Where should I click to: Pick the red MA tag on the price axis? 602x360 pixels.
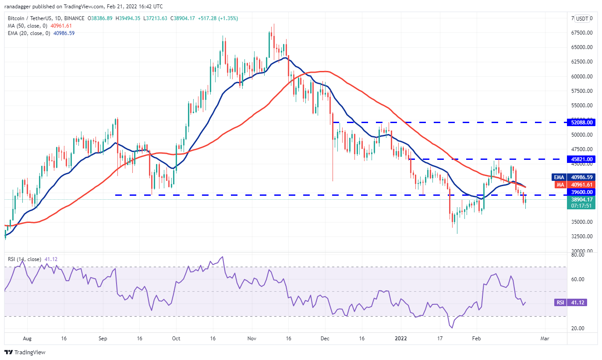(560, 185)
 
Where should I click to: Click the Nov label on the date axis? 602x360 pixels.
(251, 339)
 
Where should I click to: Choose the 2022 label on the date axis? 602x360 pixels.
(401, 339)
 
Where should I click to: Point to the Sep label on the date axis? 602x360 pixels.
(103, 339)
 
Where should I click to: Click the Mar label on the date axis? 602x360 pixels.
(545, 339)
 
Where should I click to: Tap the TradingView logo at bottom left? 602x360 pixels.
(25, 352)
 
